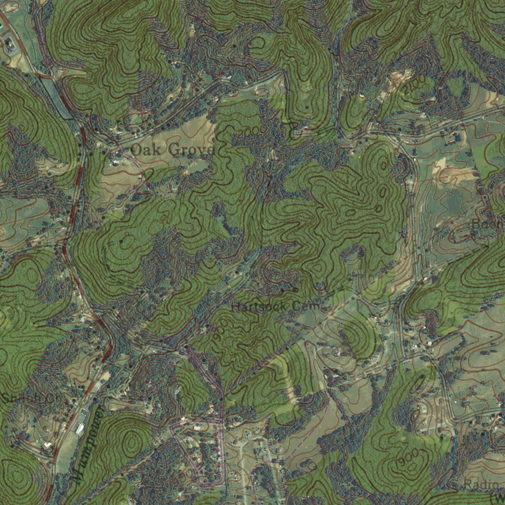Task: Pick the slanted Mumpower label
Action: (87, 444)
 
